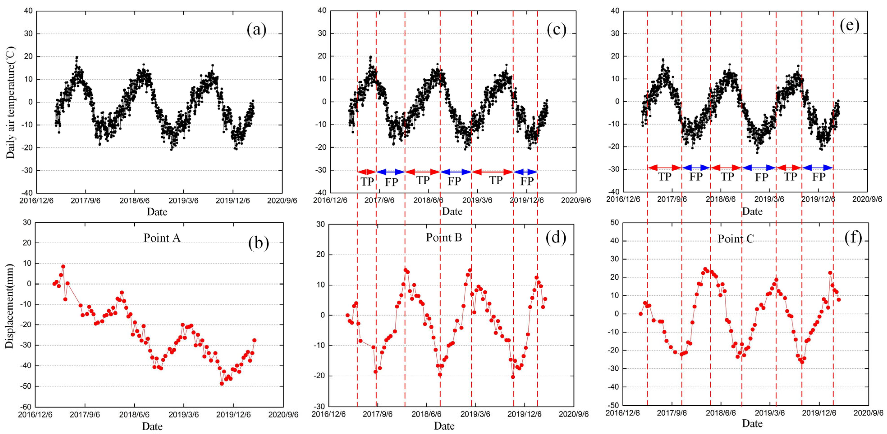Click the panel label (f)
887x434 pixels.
853,238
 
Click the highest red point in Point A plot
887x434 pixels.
63,266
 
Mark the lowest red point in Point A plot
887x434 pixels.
222,383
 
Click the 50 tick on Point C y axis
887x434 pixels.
614,223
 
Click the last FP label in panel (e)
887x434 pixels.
819,177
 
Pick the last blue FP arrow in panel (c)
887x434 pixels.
525,172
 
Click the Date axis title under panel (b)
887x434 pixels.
152,426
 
